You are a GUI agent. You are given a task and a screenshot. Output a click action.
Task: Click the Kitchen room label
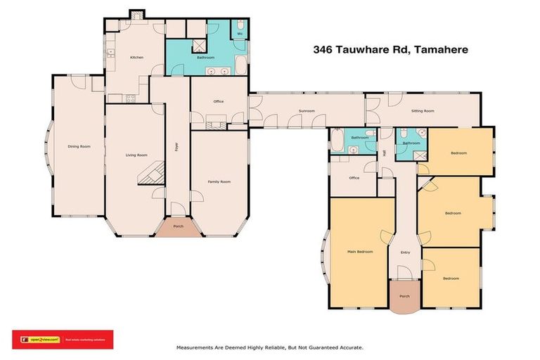136,58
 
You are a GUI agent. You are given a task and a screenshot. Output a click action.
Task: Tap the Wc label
240,33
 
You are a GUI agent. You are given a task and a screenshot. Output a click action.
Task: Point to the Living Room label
136,155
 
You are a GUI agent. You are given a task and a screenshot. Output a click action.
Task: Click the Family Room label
219,181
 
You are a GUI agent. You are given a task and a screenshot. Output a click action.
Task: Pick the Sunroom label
306,111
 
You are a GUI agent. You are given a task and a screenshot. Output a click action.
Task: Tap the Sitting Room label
423,111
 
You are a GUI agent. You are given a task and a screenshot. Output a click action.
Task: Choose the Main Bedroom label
359,251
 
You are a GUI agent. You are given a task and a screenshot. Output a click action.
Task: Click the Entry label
405,252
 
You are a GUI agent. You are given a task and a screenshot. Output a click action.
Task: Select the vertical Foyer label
176,147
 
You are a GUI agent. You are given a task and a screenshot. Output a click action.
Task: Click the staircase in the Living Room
151,172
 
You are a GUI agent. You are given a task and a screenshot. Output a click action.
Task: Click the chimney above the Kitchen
136,13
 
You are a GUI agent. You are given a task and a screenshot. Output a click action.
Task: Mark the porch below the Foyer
178,227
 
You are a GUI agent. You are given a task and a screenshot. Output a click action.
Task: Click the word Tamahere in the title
440,50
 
